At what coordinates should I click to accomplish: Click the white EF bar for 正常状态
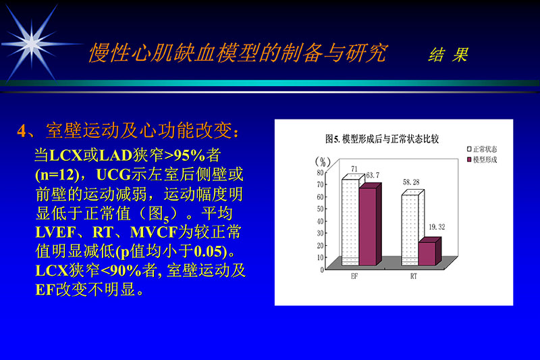[x=349, y=223]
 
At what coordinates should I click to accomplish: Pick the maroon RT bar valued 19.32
[x=427, y=253]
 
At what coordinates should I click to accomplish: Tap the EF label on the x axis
[x=354, y=278]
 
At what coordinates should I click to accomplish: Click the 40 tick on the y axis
[x=321, y=221]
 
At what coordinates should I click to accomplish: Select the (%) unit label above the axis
[x=324, y=161]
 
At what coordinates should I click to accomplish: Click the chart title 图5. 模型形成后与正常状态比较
[x=382, y=138]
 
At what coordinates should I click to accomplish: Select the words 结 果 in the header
[x=448, y=55]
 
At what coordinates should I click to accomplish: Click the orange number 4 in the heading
[x=22, y=130]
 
